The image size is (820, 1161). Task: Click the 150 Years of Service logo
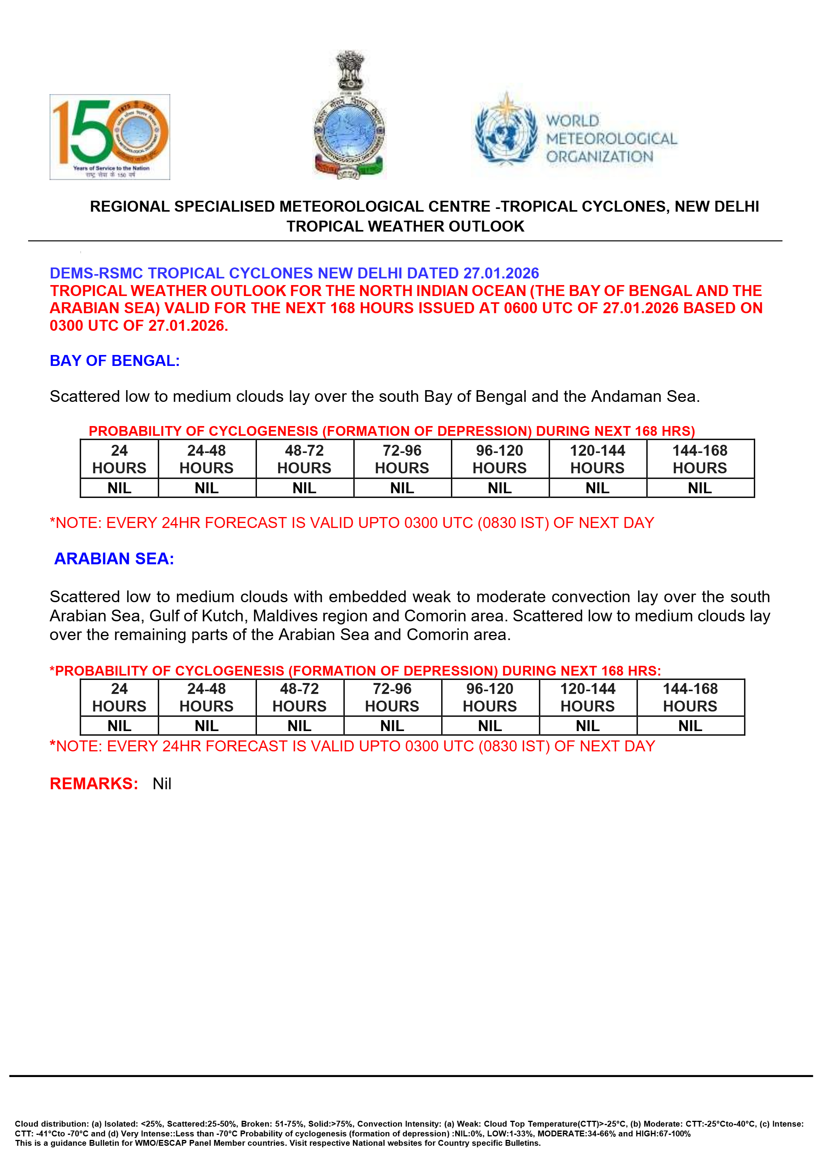tap(110, 137)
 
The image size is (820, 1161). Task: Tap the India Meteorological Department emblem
tap(349, 115)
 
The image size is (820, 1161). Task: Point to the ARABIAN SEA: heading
tap(114, 558)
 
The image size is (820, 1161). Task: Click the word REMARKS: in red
tap(94, 783)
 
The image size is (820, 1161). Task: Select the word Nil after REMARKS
tap(162, 784)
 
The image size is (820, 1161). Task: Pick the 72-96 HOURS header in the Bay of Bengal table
tap(402, 459)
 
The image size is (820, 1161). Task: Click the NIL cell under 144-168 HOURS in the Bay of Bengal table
tap(700, 488)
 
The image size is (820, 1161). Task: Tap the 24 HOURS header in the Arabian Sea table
tap(119, 697)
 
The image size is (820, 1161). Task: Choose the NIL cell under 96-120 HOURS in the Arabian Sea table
tap(490, 726)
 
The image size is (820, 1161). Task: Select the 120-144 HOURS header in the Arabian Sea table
tap(587, 697)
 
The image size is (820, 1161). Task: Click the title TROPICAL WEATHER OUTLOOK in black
tap(405, 226)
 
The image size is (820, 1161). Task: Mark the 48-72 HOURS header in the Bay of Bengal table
tap(304, 459)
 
